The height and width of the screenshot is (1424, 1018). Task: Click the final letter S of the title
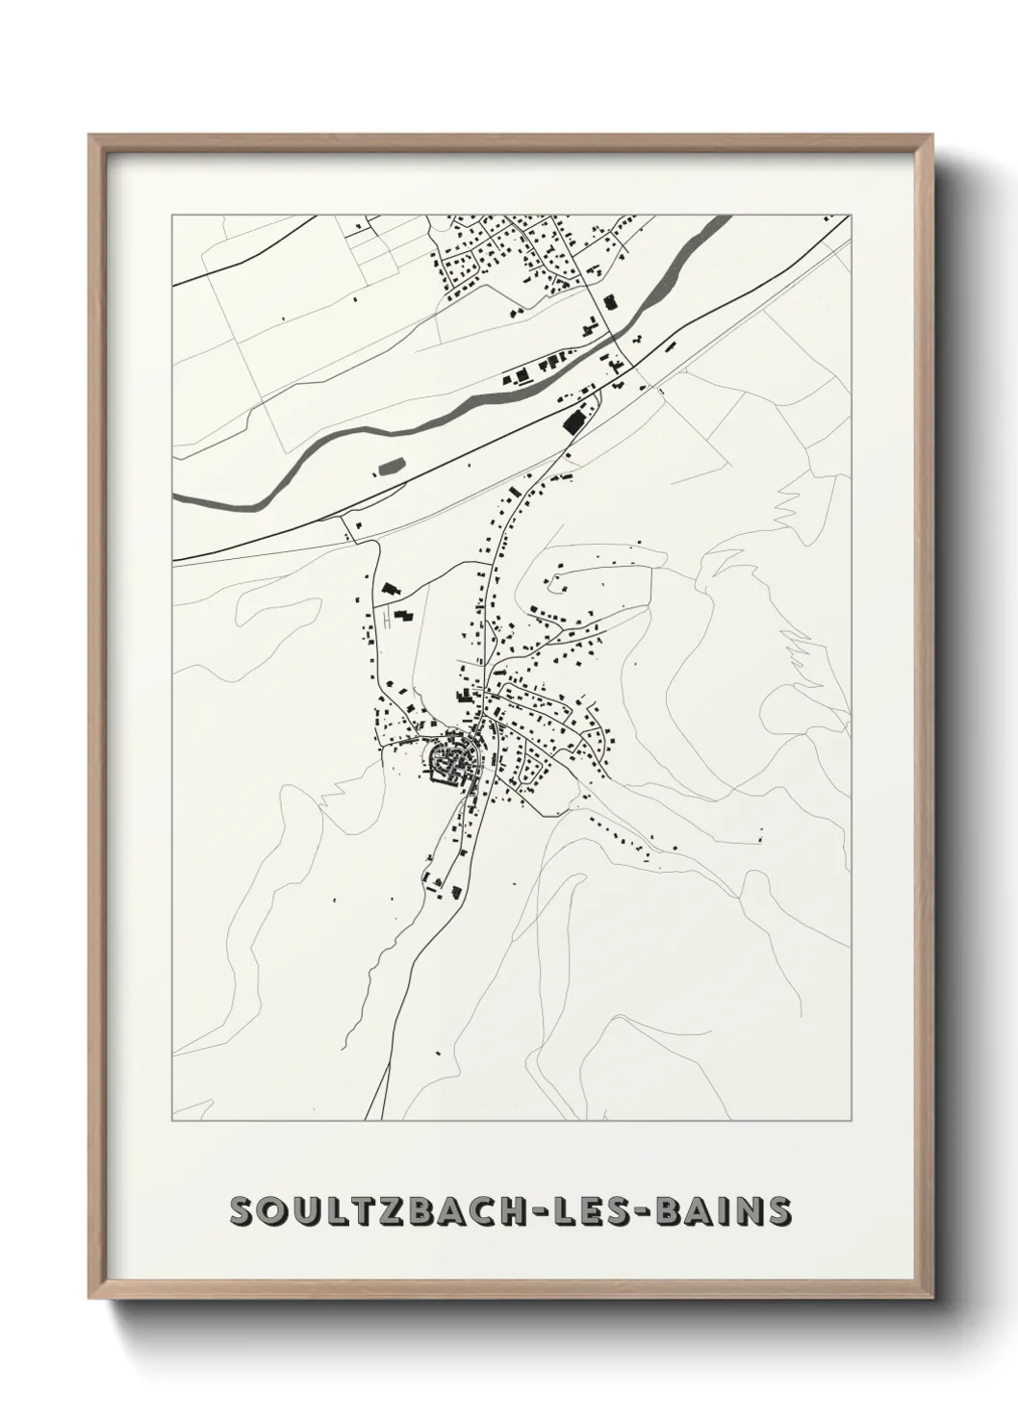[x=780, y=1211]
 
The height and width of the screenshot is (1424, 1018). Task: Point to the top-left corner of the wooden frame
[x=90, y=137]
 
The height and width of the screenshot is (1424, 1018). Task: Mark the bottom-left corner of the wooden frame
[x=90, y=1300]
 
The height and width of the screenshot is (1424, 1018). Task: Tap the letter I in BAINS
[x=736, y=1211]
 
